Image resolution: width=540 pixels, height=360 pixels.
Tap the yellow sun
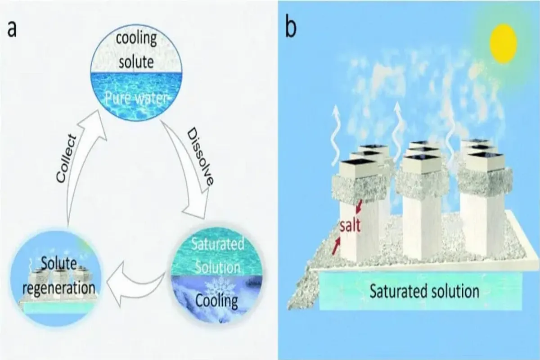click(502, 44)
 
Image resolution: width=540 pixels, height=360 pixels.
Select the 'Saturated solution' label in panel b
click(424, 292)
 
